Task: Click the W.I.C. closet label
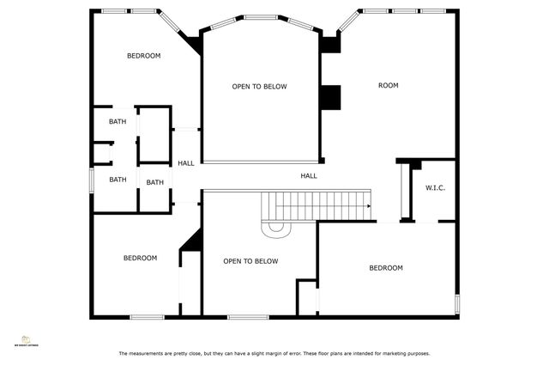click(435, 188)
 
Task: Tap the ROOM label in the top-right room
click(389, 86)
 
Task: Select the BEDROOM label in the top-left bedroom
click(143, 56)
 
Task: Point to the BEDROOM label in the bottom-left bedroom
click(140, 258)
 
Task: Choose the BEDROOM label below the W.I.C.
click(385, 268)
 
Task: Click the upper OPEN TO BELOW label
click(259, 87)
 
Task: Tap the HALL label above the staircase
click(309, 176)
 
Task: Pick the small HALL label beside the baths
click(186, 163)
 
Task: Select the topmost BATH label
click(118, 122)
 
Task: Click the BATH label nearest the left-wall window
click(118, 180)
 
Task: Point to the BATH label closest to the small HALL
click(154, 182)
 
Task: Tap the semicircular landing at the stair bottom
click(277, 228)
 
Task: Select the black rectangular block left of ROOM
click(330, 97)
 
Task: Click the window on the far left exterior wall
click(92, 180)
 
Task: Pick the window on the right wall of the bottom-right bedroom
click(457, 304)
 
